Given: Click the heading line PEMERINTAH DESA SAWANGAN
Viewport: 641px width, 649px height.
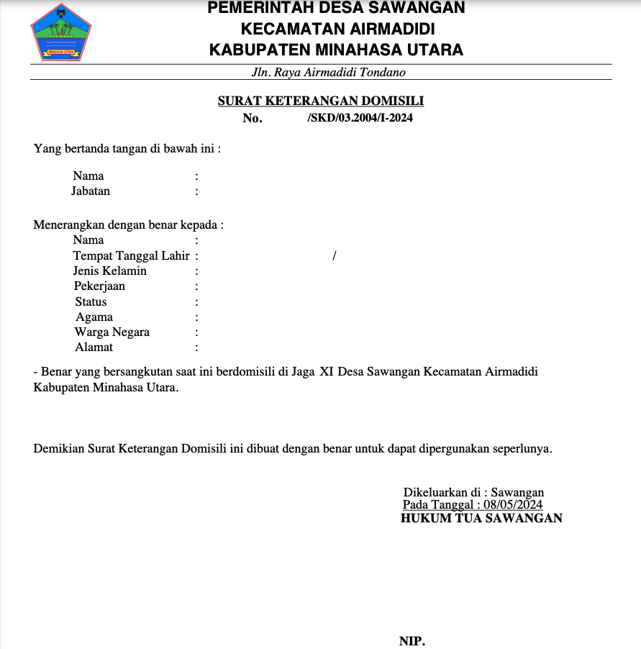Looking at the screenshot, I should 336,9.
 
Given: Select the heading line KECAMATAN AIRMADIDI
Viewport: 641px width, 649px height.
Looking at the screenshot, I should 337,29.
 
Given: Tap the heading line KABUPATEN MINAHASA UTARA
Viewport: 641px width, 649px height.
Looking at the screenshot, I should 336,50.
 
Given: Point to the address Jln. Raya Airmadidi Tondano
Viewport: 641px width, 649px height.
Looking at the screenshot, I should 329,73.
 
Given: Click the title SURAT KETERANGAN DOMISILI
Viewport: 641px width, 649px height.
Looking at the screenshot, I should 321,101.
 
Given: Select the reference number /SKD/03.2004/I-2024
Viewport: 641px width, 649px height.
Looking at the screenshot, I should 360,118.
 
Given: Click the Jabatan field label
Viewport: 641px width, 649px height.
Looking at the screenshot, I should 91,191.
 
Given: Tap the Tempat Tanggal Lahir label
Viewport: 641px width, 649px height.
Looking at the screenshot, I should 131,255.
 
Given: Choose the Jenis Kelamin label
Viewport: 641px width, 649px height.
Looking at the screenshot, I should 109,271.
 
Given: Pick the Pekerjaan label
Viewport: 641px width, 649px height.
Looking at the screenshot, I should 99,286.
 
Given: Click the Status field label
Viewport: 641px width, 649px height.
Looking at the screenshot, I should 91,302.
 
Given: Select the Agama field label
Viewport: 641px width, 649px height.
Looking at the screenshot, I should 94,317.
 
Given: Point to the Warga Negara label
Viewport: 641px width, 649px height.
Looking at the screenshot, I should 112,332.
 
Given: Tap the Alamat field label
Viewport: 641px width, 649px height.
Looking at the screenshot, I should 94,348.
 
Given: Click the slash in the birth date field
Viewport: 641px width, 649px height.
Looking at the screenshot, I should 335,255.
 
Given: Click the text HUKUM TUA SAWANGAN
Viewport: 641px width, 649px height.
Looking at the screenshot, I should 481,518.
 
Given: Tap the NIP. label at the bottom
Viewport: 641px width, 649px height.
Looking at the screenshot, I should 412,641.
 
